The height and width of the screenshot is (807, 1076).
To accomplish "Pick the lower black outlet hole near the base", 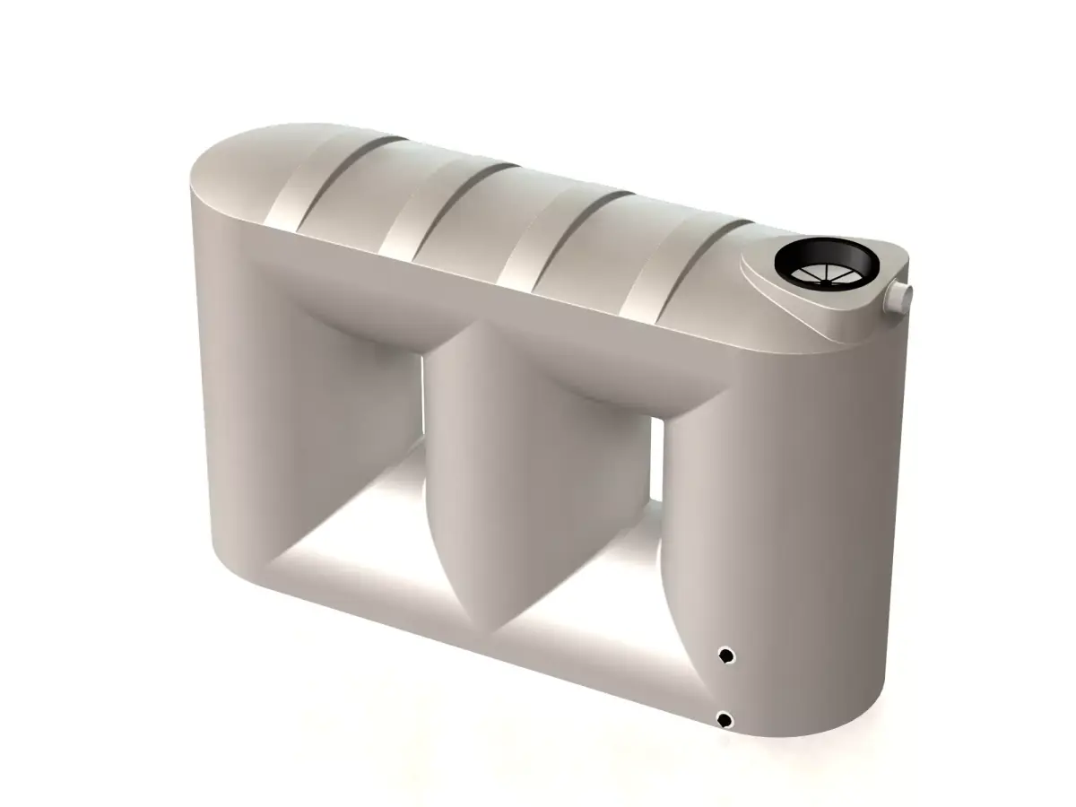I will [x=724, y=719].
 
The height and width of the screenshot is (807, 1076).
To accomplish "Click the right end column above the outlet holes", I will [x=780, y=502].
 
